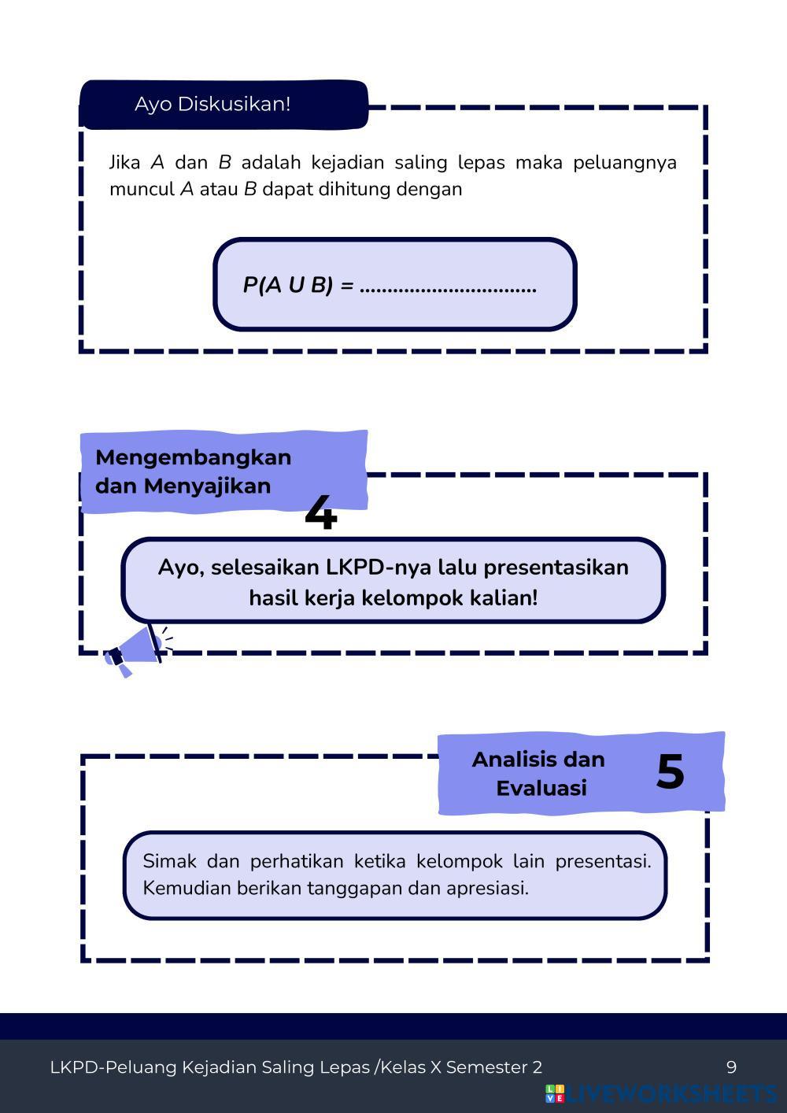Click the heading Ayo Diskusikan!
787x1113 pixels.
click(x=212, y=104)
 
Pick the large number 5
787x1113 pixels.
click(x=670, y=771)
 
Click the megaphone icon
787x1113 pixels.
click(x=134, y=650)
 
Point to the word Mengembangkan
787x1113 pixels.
click(x=193, y=457)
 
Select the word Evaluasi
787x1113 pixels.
click(x=541, y=788)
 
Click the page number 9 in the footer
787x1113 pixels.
click(x=731, y=1067)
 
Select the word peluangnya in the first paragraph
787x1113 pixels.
click(x=624, y=163)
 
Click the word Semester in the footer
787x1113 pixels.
click(x=487, y=1067)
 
